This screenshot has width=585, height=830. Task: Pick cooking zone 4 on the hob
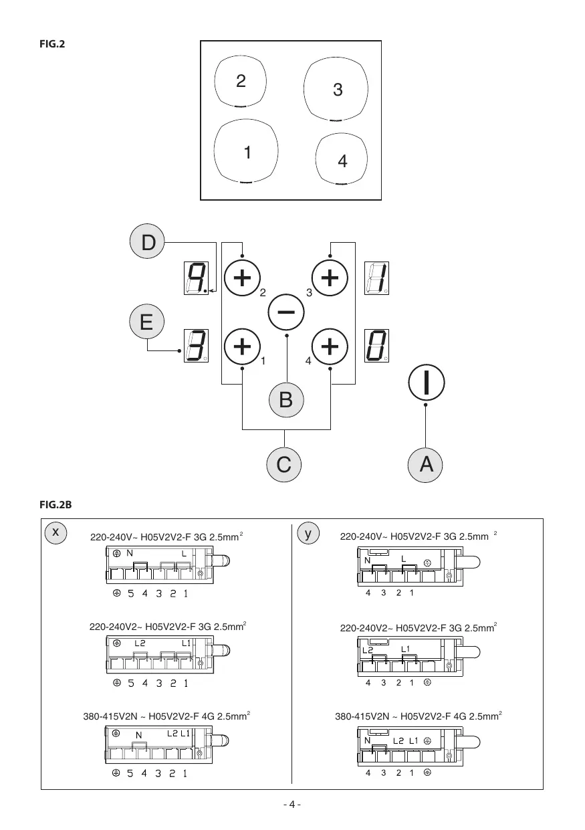point(341,159)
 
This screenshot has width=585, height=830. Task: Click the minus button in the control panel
point(286,312)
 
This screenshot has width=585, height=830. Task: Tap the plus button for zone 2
point(242,276)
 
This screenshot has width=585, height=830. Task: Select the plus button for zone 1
point(242,347)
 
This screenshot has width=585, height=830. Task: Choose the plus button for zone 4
point(330,347)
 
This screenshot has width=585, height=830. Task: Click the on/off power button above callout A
point(426,383)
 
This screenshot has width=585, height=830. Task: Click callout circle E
point(146,322)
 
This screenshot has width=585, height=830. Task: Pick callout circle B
point(286,399)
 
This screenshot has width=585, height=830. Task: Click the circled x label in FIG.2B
point(57,532)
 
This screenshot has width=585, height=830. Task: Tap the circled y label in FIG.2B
point(308,533)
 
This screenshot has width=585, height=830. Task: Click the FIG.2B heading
point(56,506)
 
